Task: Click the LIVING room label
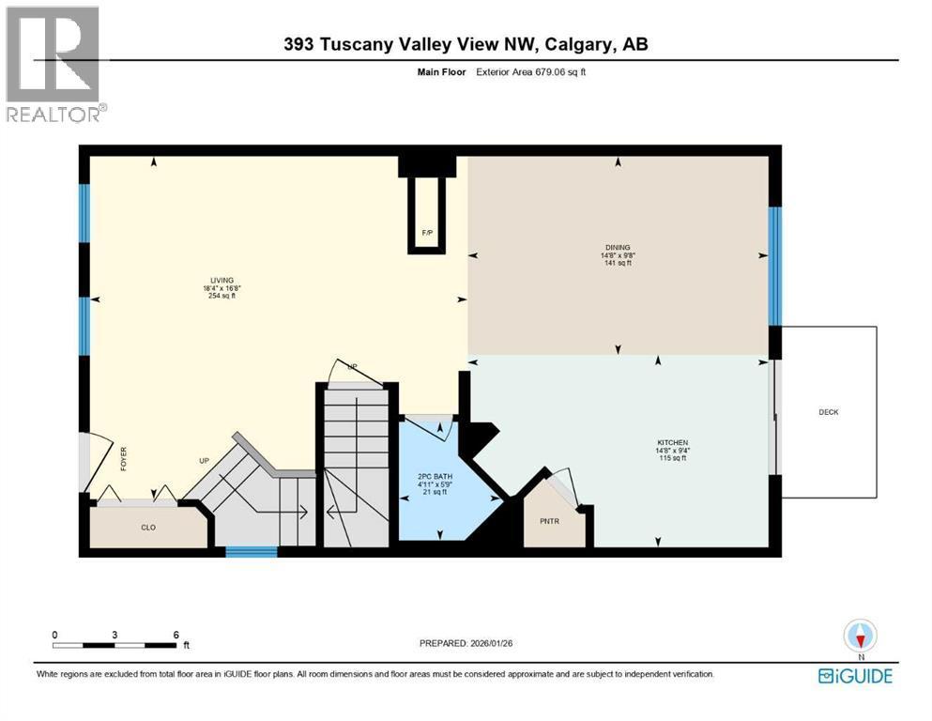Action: click(x=222, y=281)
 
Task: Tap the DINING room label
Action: click(x=618, y=248)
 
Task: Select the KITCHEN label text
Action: click(x=672, y=443)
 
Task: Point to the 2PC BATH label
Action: click(x=435, y=477)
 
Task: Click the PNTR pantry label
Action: click(x=549, y=521)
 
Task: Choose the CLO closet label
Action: click(x=148, y=528)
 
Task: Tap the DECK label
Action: click(x=829, y=412)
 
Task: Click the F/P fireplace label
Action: click(x=427, y=233)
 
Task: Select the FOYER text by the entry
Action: click(x=124, y=459)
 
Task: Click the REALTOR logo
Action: click(x=56, y=64)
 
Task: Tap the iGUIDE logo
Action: click(x=855, y=677)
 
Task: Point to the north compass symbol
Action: click(x=860, y=636)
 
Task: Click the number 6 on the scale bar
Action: click(x=176, y=635)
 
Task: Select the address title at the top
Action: click(x=466, y=44)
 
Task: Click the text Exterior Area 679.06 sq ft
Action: click(x=531, y=72)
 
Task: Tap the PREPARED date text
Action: click(x=466, y=643)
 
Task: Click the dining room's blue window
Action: click(x=774, y=266)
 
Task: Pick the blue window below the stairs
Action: click(x=252, y=552)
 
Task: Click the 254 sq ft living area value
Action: click(x=222, y=296)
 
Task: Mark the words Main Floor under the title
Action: click(x=442, y=72)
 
